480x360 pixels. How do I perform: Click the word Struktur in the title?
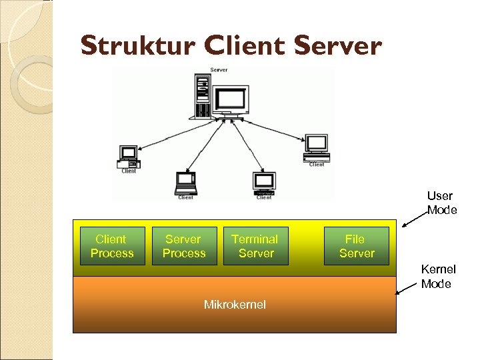pos(137,46)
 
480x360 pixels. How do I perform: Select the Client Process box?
pos(112,246)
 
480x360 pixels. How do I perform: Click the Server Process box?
pos(184,246)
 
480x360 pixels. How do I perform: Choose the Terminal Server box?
pos(255,246)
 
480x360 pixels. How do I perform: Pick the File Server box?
pos(356,246)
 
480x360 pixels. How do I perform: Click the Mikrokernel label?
pos(235,305)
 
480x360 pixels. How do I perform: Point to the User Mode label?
pos(441,203)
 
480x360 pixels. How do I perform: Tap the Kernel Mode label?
pos(438,277)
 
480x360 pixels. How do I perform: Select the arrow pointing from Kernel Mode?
pos(408,288)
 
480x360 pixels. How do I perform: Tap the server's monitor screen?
pos(231,99)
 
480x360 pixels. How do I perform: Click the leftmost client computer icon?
pos(128,155)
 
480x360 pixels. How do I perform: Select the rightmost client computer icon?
pos(317,147)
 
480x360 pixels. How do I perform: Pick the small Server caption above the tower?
pos(218,70)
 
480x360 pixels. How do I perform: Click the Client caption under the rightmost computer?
pos(317,165)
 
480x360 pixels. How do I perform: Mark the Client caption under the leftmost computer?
pos(129,171)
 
